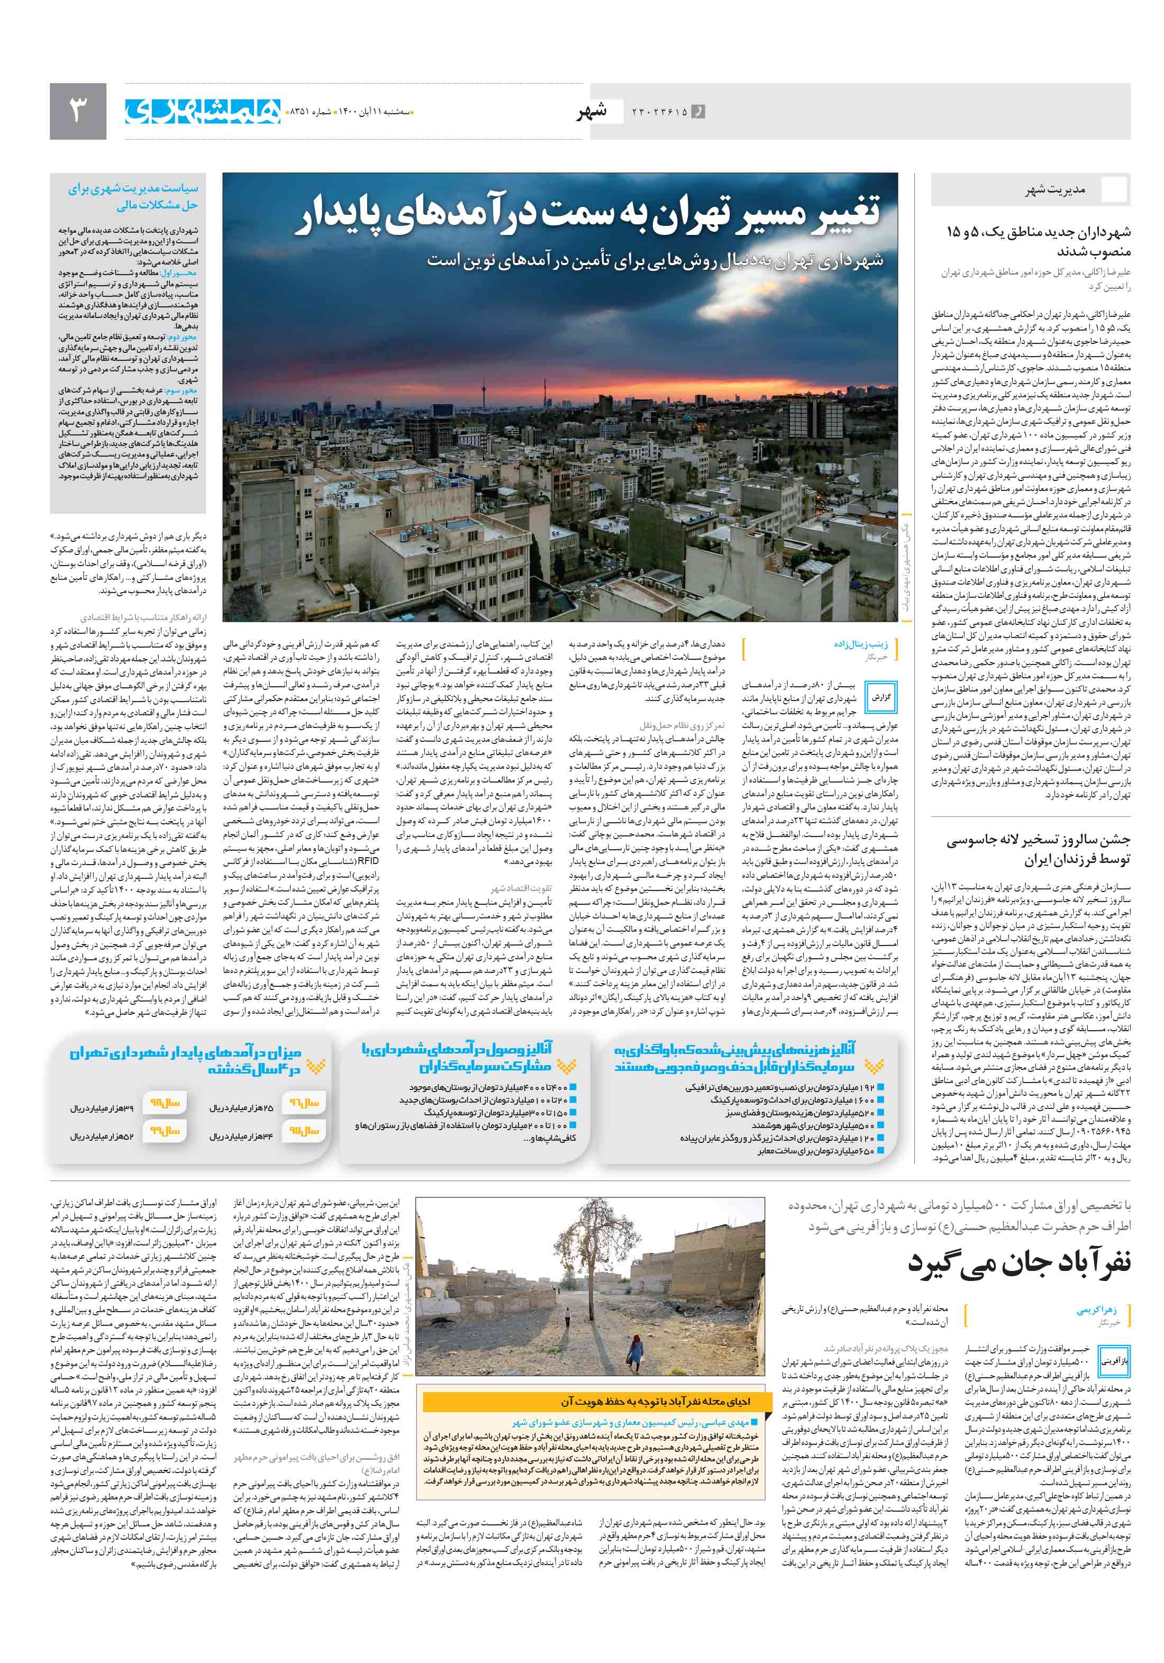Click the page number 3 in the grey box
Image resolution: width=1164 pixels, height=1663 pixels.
pos(77,111)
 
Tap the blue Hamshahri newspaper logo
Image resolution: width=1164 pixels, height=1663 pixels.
pos(203,111)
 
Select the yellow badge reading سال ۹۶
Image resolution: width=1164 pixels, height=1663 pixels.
pos(304,1102)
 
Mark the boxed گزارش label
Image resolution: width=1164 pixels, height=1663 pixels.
pos(880,697)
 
